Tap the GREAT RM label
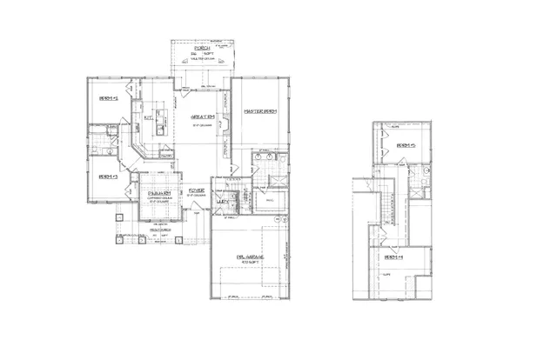tap(204, 116)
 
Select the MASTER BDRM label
tap(260, 110)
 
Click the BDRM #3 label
tap(108, 177)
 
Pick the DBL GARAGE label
tap(251, 255)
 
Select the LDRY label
tap(224, 202)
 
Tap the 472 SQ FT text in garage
tap(251, 262)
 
